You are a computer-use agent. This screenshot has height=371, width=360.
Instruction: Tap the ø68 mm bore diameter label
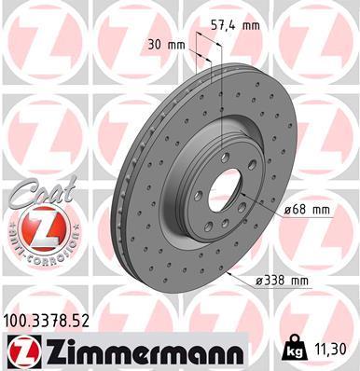[307, 210]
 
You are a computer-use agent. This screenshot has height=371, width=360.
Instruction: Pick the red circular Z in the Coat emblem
[34, 225]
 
